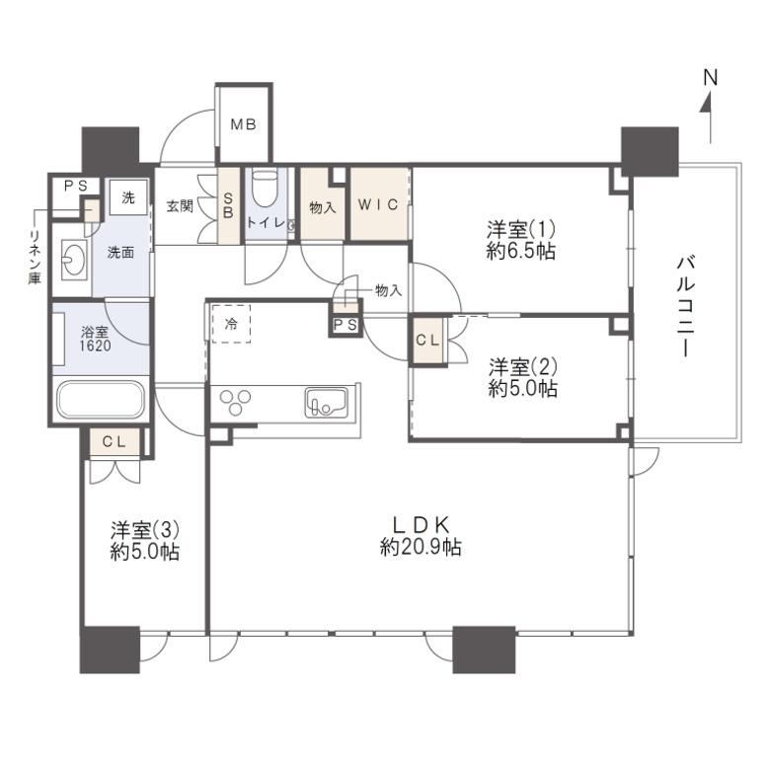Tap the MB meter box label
click(244, 124)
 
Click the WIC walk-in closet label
click(378, 204)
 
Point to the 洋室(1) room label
click(521, 229)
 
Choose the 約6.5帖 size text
click(521, 252)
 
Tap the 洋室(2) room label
click(523, 367)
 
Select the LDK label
click(421, 525)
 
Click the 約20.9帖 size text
click(421, 547)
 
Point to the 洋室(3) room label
click(145, 530)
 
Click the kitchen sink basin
click(326, 403)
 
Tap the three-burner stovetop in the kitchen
click(235, 403)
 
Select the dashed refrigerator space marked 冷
click(231, 324)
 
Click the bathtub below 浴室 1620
click(101, 399)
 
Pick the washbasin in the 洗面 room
click(75, 257)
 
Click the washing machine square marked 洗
click(128, 196)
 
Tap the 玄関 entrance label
click(180, 206)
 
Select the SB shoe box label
click(228, 205)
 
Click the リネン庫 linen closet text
click(35, 257)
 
